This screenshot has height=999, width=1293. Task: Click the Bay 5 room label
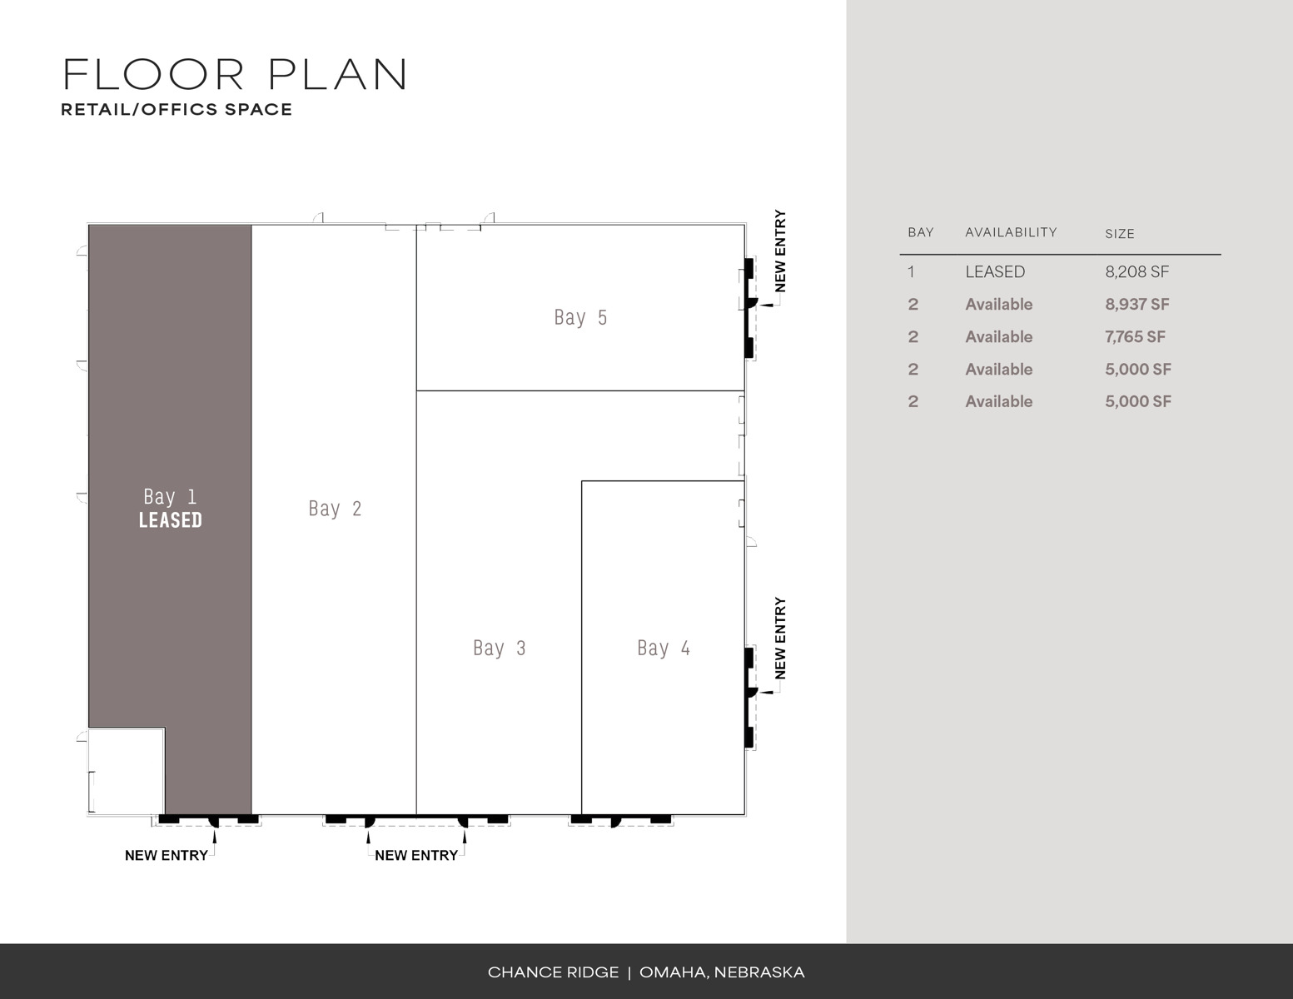[580, 318]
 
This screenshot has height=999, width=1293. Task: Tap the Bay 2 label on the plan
[335, 509]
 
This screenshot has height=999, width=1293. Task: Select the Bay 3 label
[500, 648]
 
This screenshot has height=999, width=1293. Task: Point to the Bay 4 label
[664, 648]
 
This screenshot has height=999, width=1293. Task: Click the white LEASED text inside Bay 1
[170, 520]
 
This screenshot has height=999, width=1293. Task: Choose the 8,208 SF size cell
[1136, 272]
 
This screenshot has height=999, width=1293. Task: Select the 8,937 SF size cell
[1137, 305]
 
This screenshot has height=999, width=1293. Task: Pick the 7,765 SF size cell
[1135, 337]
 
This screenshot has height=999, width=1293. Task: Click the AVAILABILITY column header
[1011, 232]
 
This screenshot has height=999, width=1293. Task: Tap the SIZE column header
[1119, 234]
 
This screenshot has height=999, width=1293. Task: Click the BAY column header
[920, 232]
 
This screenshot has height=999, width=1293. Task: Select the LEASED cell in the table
[995, 272]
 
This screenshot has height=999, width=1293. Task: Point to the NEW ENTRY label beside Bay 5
[780, 251]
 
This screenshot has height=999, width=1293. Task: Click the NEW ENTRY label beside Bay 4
[780, 639]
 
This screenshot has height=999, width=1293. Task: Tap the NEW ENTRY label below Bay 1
[166, 856]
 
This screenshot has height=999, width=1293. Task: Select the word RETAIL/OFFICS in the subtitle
[139, 110]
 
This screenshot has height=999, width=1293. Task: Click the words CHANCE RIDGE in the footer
[553, 972]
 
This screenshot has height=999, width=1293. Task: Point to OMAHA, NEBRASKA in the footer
[722, 972]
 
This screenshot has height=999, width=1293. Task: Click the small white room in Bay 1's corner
[127, 771]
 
